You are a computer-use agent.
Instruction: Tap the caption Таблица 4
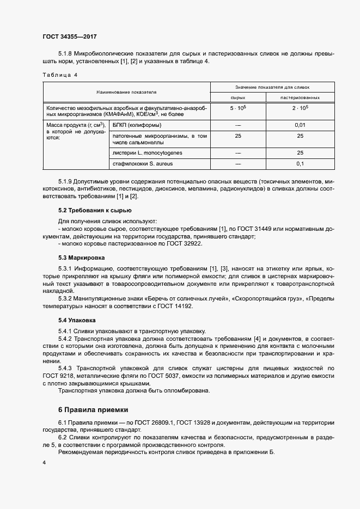(60, 75)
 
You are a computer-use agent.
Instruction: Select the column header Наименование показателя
(126, 91)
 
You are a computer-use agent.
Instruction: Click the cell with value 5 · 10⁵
(237, 108)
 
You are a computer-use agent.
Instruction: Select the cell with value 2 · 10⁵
(300, 108)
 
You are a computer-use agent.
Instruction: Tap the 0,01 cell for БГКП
(300, 126)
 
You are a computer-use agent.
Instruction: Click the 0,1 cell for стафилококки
(300, 163)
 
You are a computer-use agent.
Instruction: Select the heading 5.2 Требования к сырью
(94, 210)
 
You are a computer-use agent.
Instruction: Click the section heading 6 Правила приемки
(93, 409)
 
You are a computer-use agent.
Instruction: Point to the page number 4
(44, 463)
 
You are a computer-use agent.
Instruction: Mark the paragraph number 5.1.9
(65, 181)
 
